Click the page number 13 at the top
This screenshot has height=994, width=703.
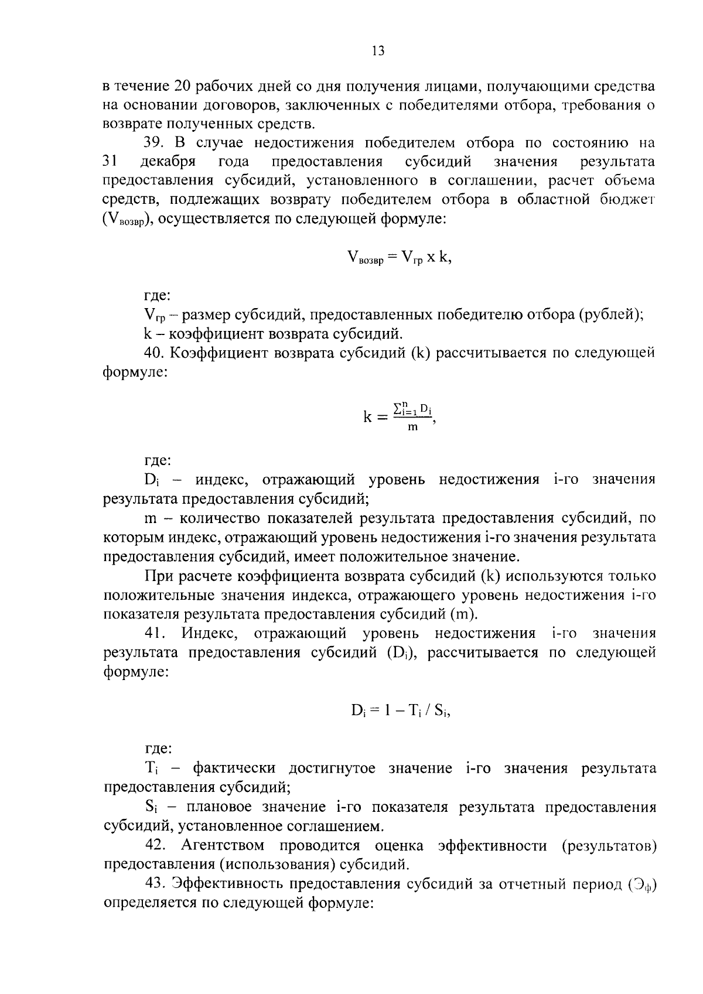coord(378,51)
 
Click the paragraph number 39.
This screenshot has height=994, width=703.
coord(154,143)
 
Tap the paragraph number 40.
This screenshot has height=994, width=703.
coord(155,353)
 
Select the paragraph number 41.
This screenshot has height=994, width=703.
coord(155,633)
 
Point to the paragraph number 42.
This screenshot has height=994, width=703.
coord(155,845)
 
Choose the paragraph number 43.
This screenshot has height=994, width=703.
coord(155,884)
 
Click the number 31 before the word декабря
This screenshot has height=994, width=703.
coord(110,162)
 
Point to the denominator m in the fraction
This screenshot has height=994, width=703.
coord(413,427)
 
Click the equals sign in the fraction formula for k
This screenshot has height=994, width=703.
coord(382,417)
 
